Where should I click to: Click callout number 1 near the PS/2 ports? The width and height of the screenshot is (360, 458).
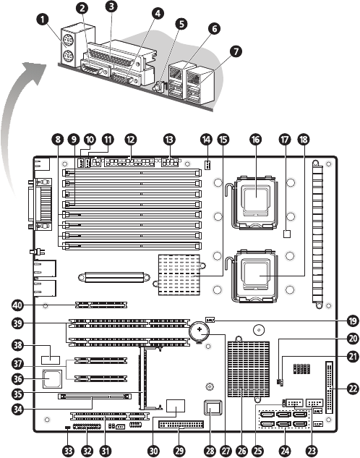pyautogui.click(x=43, y=20)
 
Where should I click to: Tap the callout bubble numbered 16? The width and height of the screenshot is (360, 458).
pyautogui.click(x=256, y=140)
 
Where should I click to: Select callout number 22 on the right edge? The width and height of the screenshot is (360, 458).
pyautogui.click(x=353, y=389)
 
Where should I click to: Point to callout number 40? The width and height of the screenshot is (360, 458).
pyautogui.click(x=17, y=305)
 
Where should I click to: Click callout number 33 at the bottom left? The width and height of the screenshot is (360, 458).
pyautogui.click(x=68, y=451)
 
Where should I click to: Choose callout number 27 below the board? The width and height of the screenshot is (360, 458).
pyautogui.click(x=226, y=451)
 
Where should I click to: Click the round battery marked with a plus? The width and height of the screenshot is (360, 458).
pyautogui.click(x=200, y=331)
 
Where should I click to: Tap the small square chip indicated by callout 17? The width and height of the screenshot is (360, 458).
pyautogui.click(x=288, y=234)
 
